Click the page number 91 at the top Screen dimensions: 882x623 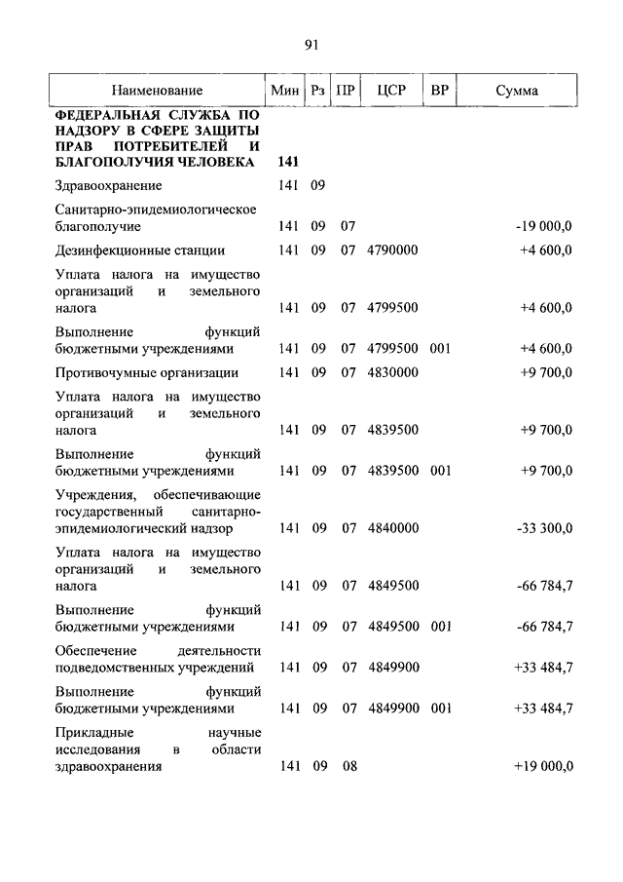(311, 44)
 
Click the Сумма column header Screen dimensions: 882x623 (517, 91)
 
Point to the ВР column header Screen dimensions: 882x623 (440, 91)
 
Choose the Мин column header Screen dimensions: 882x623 (284, 91)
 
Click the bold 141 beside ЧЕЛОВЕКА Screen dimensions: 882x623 (288, 161)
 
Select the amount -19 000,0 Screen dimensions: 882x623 (543, 226)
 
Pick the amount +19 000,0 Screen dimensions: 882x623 (543, 766)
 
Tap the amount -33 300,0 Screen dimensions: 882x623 (543, 528)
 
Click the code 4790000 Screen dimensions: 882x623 (393, 250)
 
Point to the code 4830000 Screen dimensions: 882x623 (393, 372)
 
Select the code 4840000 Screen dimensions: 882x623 (393, 528)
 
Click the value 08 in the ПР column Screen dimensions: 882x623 (349, 766)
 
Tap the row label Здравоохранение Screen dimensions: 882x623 (109, 185)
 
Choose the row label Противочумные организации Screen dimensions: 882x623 (147, 372)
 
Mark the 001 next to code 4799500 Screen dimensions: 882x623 (441, 348)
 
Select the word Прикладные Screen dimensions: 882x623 (93, 732)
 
